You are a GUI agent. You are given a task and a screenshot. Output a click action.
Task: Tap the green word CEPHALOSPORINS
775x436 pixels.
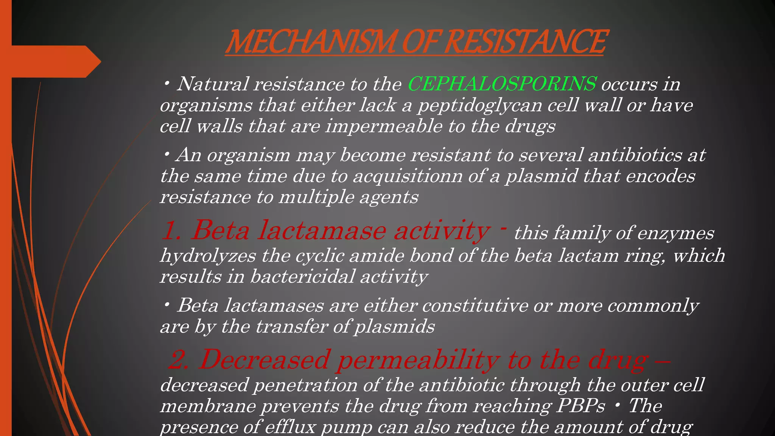502,84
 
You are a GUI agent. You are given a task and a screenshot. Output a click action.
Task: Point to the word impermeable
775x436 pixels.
383,126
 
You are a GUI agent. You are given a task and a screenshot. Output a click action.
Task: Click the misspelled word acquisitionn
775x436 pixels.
408,176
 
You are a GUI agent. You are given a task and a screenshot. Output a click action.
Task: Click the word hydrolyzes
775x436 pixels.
208,255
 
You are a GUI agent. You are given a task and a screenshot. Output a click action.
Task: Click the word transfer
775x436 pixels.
291,326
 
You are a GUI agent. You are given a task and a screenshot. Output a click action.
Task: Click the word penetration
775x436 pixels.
305,385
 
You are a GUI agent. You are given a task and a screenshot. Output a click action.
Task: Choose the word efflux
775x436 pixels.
290,427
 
